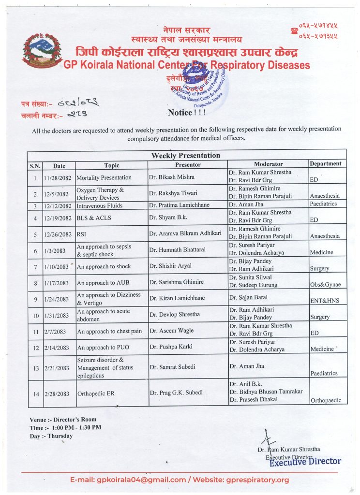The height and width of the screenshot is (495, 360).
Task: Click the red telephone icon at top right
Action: point(294,31)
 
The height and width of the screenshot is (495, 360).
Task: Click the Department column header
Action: point(328,163)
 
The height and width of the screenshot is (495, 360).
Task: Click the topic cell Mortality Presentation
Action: point(104,177)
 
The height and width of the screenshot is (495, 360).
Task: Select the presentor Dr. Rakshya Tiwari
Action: point(173,193)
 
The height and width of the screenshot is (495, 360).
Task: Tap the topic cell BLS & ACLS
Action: point(94,218)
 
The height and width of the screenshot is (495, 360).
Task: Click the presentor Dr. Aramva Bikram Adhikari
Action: point(185,233)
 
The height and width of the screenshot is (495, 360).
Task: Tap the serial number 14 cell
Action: point(35,393)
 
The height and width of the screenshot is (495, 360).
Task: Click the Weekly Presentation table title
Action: point(186,156)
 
